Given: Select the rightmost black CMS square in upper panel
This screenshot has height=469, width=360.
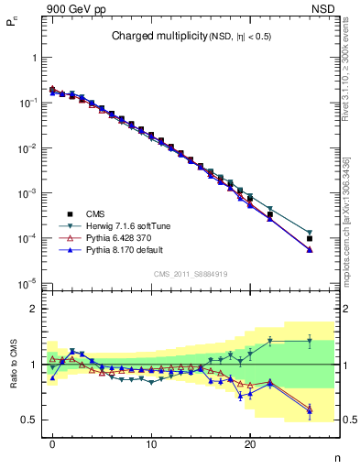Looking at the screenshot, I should [310, 238].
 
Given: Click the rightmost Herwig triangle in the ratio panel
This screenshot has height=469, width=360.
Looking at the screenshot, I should [310, 341].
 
